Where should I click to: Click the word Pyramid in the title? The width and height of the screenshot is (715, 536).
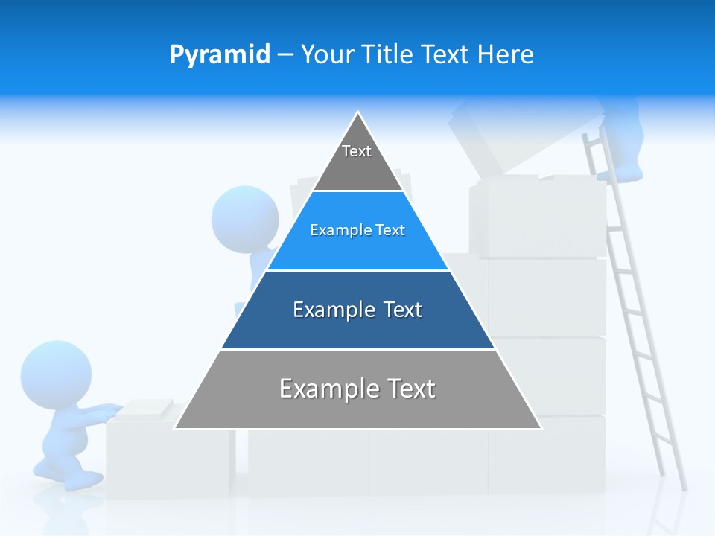tap(219, 55)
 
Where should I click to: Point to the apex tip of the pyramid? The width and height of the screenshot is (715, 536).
tap(358, 113)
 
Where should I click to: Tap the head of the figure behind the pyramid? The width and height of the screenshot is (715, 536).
tap(244, 214)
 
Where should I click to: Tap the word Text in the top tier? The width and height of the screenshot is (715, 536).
tap(357, 151)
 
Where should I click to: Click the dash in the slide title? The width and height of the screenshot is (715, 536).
tap(285, 55)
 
